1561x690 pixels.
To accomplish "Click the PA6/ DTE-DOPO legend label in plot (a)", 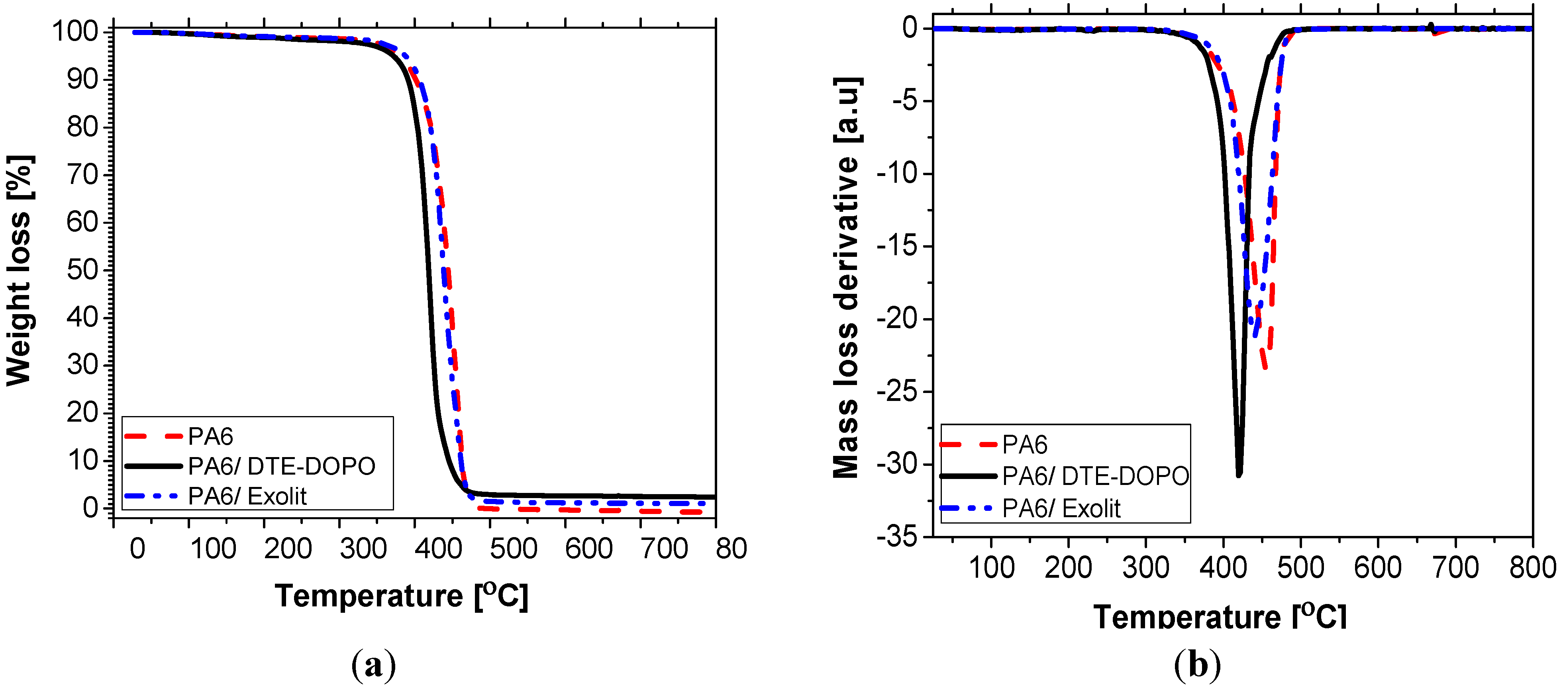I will coord(282,466).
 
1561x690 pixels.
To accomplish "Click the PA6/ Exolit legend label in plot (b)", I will coord(1061,508).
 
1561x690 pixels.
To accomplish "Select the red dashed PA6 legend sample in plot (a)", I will coord(153,436).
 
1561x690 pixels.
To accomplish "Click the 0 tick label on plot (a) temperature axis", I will coord(137,548).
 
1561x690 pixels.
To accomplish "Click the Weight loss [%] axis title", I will coord(20,270).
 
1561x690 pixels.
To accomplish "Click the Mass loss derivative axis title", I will coord(847,278).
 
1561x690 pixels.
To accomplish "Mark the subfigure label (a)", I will coord(373,665).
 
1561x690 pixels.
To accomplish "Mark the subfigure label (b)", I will coord(1197,665).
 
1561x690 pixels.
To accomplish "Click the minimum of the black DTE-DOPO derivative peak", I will coord(1239,474).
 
